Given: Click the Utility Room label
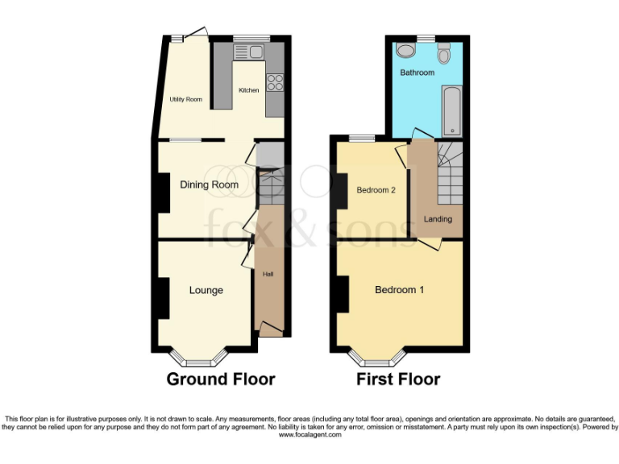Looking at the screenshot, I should point(185,100).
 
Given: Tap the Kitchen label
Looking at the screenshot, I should point(248,90).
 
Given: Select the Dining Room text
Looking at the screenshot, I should point(209,184).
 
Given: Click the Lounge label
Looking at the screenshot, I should point(206,290).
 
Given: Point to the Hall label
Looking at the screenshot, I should point(268,275).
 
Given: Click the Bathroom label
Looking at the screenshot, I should point(418,72).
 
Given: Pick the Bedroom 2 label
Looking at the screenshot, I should point(376,190).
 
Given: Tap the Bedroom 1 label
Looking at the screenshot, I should point(400,290).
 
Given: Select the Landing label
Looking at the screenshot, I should point(438,219).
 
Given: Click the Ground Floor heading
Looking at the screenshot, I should point(221,379).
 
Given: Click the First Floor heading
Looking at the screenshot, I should point(398,379).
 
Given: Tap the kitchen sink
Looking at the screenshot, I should point(249,53).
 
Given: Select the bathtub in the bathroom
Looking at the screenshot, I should point(451,111).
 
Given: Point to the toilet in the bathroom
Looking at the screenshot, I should point(443,55).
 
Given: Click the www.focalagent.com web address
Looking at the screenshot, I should point(309,435).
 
